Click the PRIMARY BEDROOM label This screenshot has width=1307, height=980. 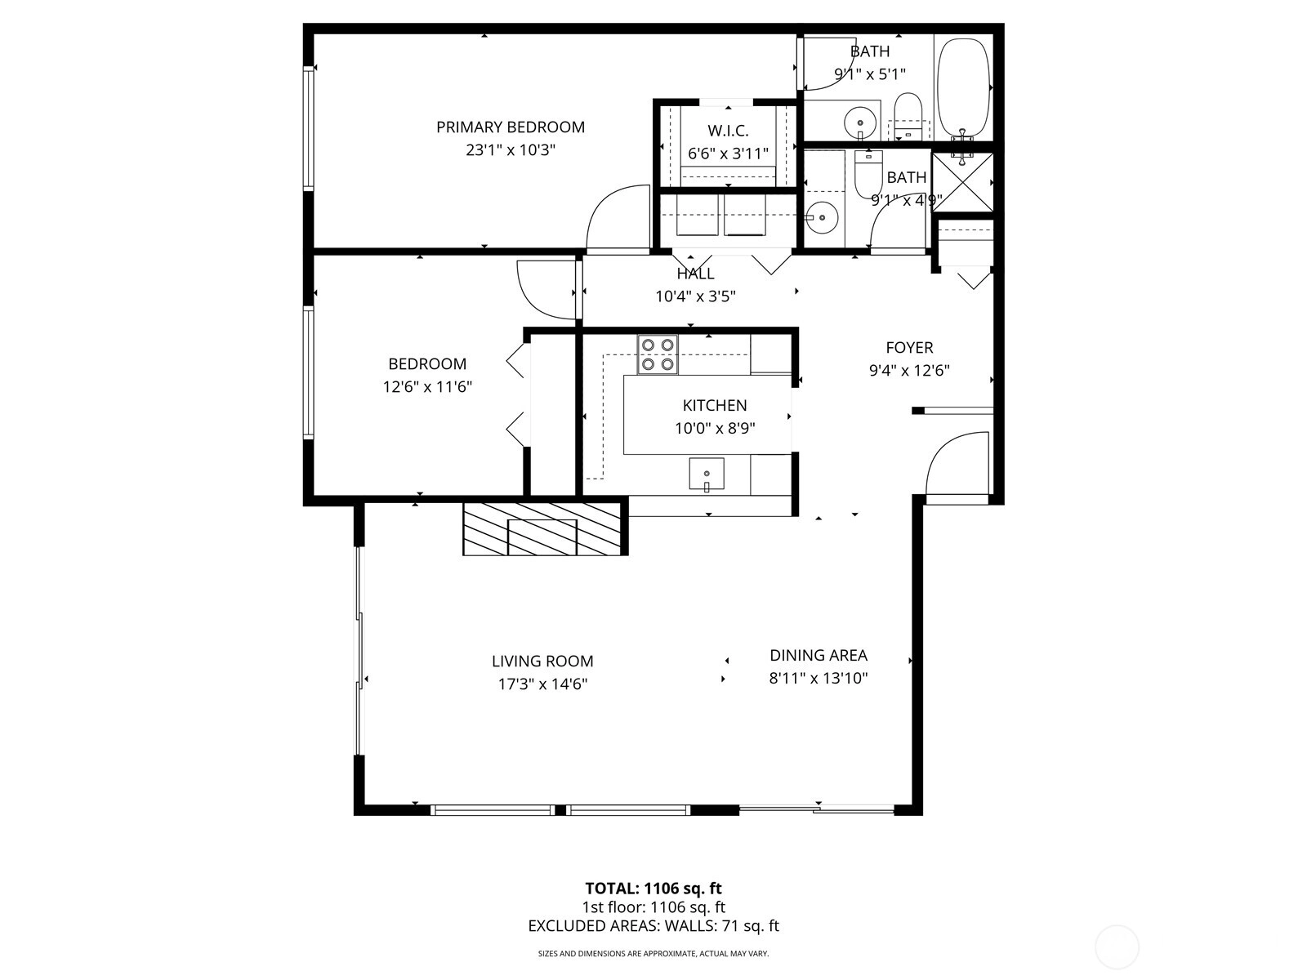point(511,127)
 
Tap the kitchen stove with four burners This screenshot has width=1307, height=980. point(658,354)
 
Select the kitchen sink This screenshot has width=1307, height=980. point(707,474)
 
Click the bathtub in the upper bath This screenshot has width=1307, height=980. point(963,90)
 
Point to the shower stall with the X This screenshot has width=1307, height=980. point(962,183)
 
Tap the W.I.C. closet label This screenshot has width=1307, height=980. point(728,131)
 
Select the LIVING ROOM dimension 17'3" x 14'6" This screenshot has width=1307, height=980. point(542,684)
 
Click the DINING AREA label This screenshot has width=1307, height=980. point(819,655)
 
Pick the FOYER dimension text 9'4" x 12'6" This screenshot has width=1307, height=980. point(909,371)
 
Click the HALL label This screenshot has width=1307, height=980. point(695,274)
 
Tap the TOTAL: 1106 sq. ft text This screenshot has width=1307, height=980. point(653,889)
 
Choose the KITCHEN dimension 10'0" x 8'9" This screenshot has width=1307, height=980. point(715,429)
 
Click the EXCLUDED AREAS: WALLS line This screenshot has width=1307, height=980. point(653,926)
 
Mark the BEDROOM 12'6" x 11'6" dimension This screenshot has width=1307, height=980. point(427,387)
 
